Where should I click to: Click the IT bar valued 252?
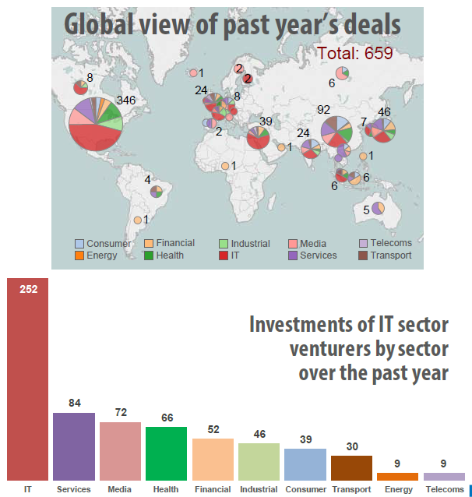point(27,382)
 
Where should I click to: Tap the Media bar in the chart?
point(120,451)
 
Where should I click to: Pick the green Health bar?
point(166,453)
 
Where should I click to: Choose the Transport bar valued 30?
point(352,467)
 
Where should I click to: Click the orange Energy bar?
point(397,476)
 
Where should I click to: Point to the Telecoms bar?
point(444,476)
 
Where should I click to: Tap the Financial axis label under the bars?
point(213,489)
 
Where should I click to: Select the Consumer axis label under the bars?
point(305,489)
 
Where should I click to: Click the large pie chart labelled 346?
point(96,125)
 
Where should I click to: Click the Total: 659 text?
point(354,53)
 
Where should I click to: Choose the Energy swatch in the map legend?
point(79,255)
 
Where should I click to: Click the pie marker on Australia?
point(378,208)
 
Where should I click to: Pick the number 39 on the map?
point(266,122)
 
